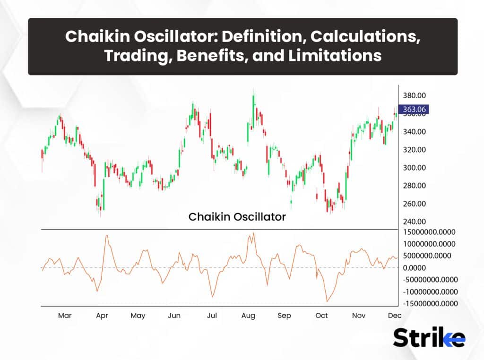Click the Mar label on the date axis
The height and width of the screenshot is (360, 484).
click(65, 316)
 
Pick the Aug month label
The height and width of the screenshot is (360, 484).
click(248, 316)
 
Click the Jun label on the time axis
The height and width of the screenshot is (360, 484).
click(174, 316)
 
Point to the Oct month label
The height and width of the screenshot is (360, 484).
click(321, 316)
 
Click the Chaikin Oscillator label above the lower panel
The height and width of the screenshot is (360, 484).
click(237, 217)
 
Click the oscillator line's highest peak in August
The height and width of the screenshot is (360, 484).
click(254, 233)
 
